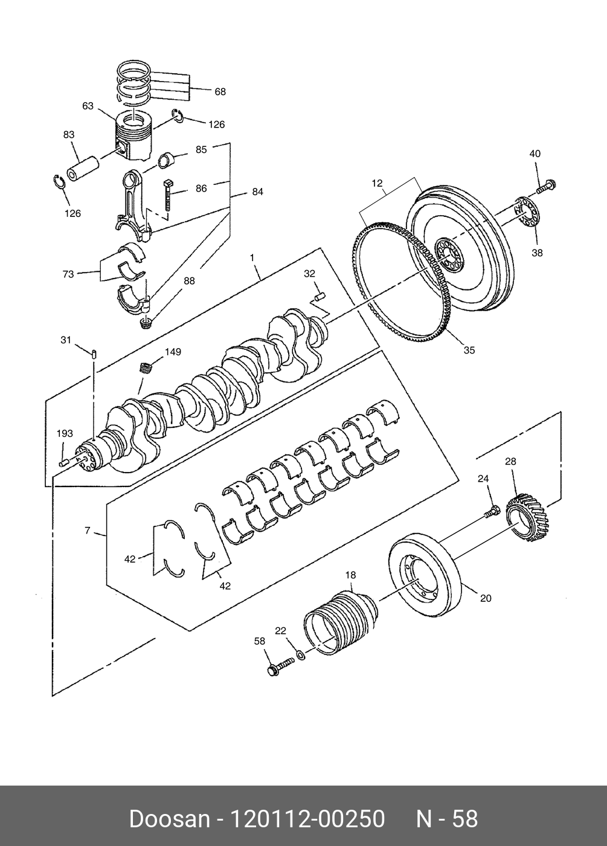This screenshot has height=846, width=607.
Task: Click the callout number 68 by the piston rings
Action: (x=220, y=92)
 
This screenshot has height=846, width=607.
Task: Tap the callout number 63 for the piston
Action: (x=88, y=106)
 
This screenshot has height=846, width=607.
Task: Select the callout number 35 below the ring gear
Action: (x=469, y=350)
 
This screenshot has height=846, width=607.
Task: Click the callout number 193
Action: (x=65, y=433)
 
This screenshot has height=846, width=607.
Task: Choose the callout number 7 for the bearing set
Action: (x=88, y=531)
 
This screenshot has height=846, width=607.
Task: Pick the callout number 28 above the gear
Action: (x=510, y=462)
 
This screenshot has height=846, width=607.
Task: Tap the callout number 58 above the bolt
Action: (x=260, y=641)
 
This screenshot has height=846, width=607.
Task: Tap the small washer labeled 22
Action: (x=300, y=654)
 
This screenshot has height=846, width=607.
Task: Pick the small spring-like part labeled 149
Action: (x=146, y=367)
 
